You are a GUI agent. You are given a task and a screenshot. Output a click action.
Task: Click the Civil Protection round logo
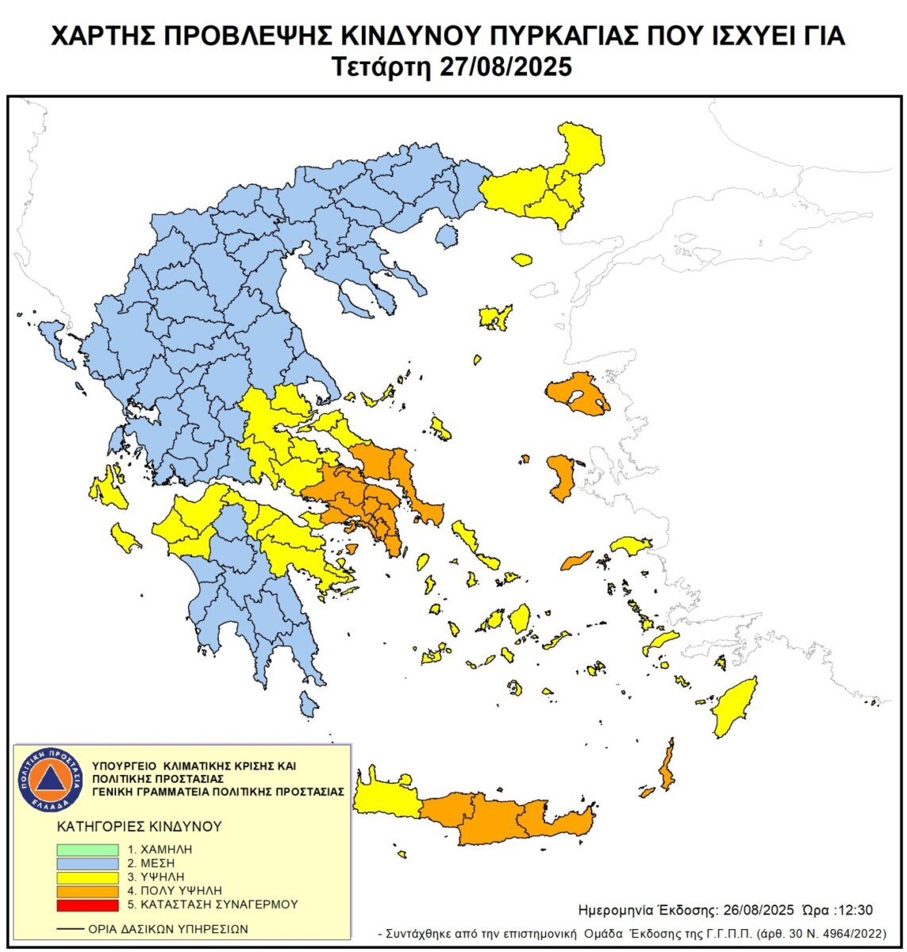tap(51, 779)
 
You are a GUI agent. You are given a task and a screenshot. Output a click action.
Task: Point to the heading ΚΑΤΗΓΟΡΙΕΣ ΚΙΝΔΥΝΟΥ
tap(139, 826)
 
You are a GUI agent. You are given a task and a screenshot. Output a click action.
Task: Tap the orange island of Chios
tap(561, 477)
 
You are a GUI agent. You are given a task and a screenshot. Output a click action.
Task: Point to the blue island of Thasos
tap(447, 235)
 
